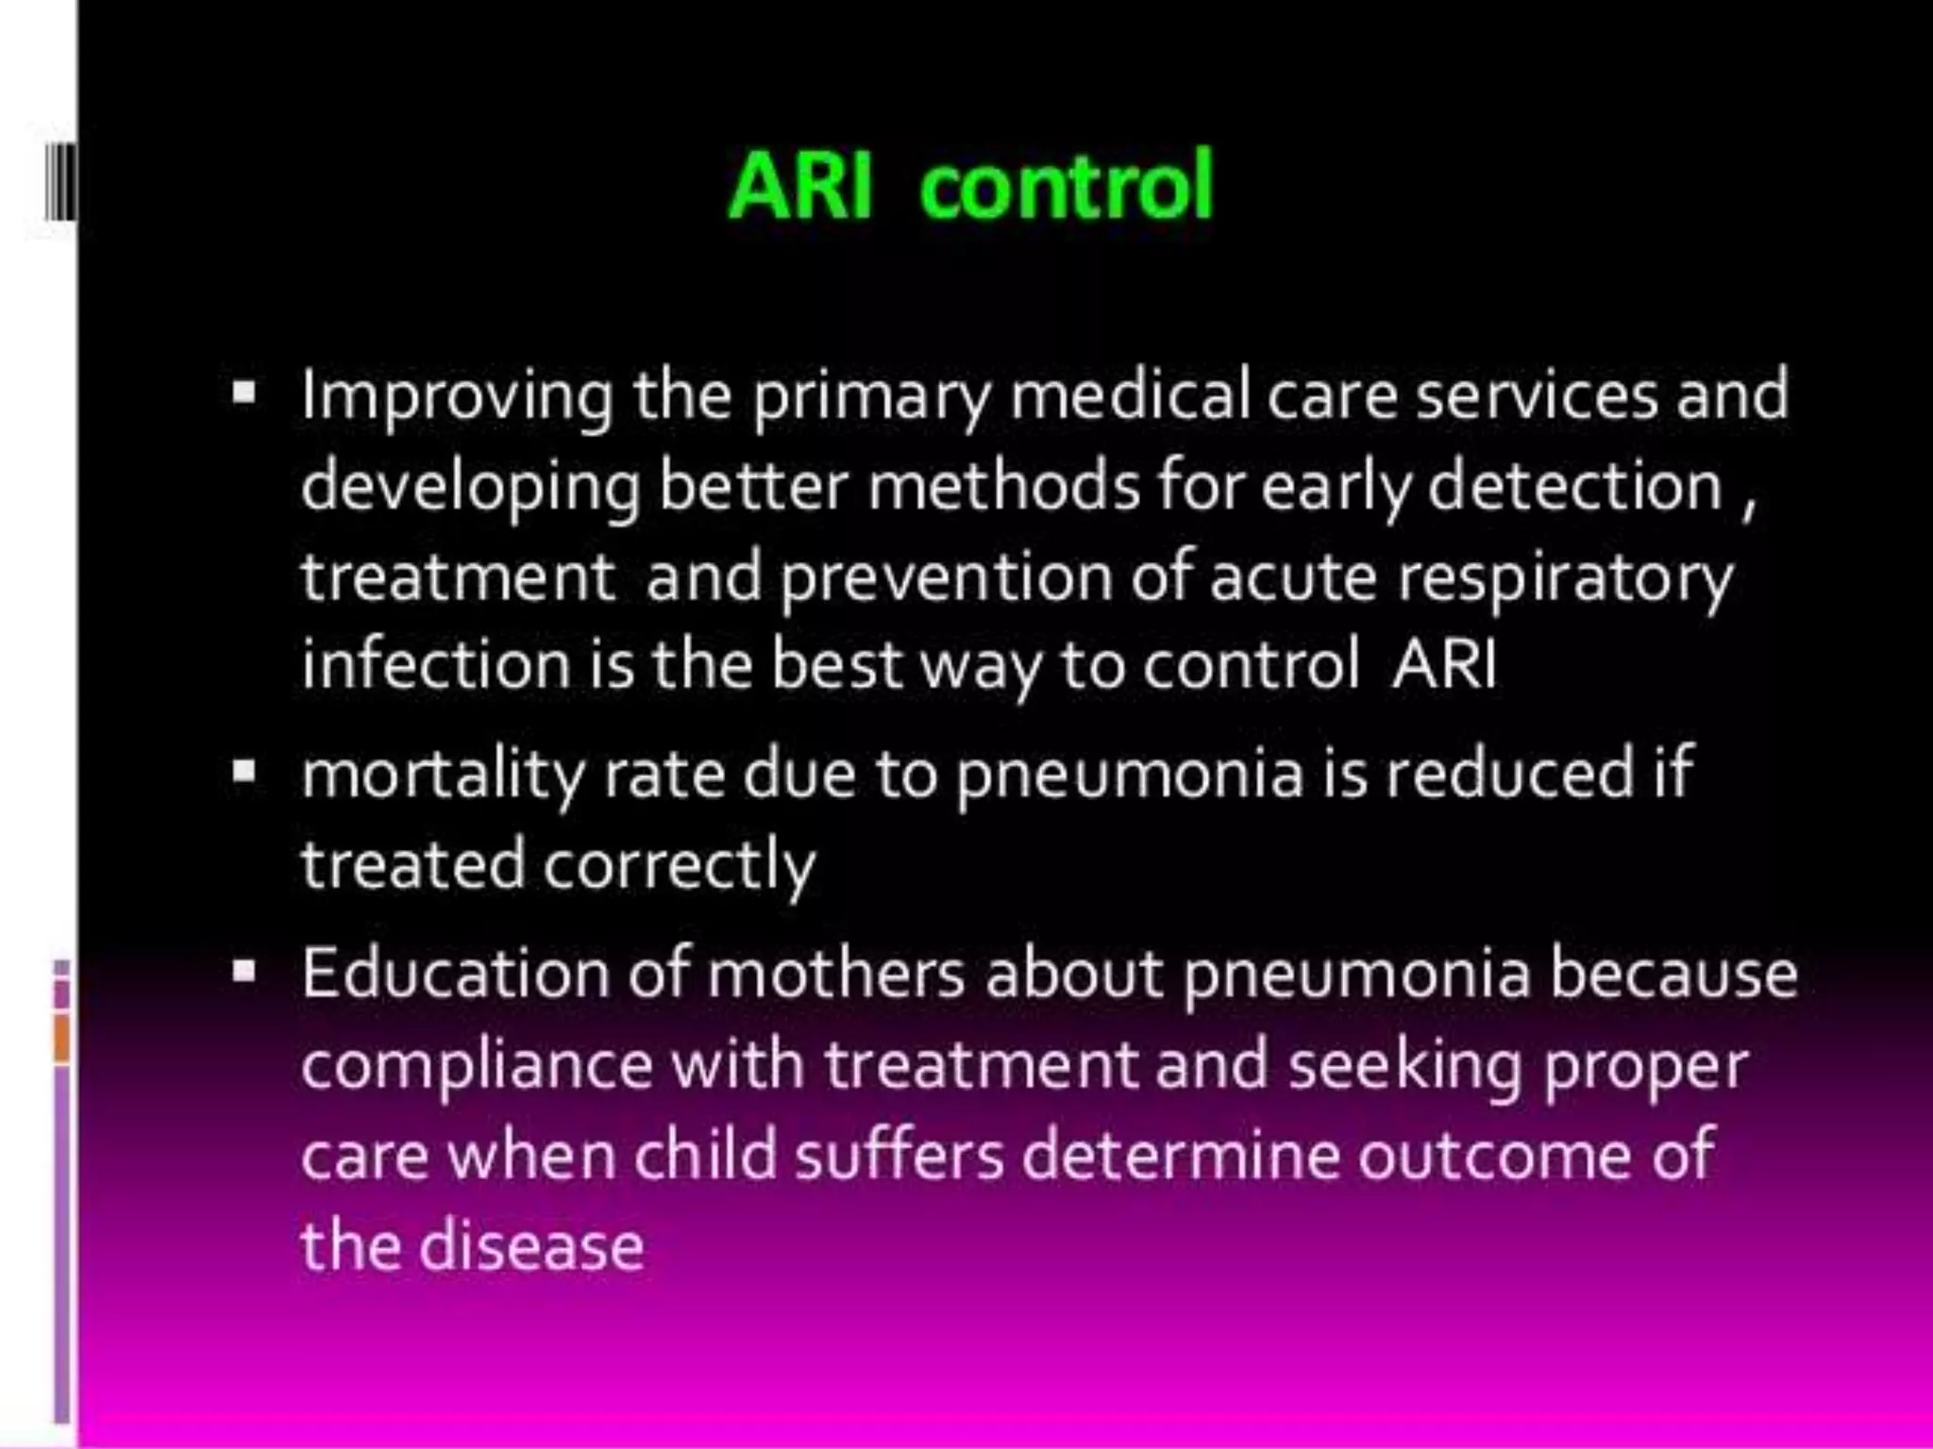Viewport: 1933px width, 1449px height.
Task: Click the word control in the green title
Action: (x=1066, y=186)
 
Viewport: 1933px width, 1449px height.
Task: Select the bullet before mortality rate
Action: (x=244, y=774)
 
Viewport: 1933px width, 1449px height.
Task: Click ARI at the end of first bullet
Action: (x=1444, y=664)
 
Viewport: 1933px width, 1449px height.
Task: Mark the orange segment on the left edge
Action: (x=61, y=1037)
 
